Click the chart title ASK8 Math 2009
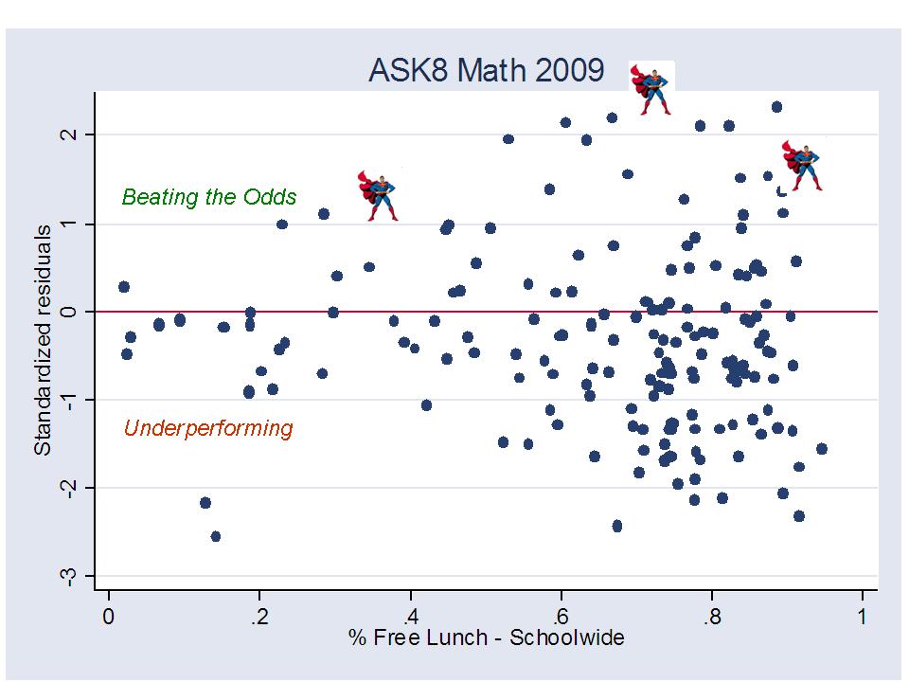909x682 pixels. pos(485,71)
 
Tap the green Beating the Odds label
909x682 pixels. pos(209,197)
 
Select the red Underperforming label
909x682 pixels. pos(208,428)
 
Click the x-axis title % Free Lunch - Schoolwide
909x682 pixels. pos(485,637)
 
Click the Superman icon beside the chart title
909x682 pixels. pos(651,88)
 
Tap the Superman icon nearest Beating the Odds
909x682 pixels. pos(379,195)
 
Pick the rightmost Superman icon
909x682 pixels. pos(803,165)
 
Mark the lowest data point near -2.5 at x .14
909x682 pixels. pos(216,536)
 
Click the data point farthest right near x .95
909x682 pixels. pos(821,449)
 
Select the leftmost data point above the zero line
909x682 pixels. pos(124,286)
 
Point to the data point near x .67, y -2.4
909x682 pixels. pos(617,526)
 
